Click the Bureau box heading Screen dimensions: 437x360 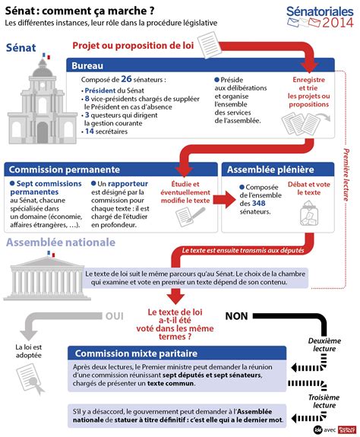click(x=87, y=66)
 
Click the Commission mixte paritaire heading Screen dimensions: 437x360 click(x=134, y=353)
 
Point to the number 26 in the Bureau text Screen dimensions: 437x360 click(x=127, y=79)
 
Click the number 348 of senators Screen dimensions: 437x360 click(x=259, y=204)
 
